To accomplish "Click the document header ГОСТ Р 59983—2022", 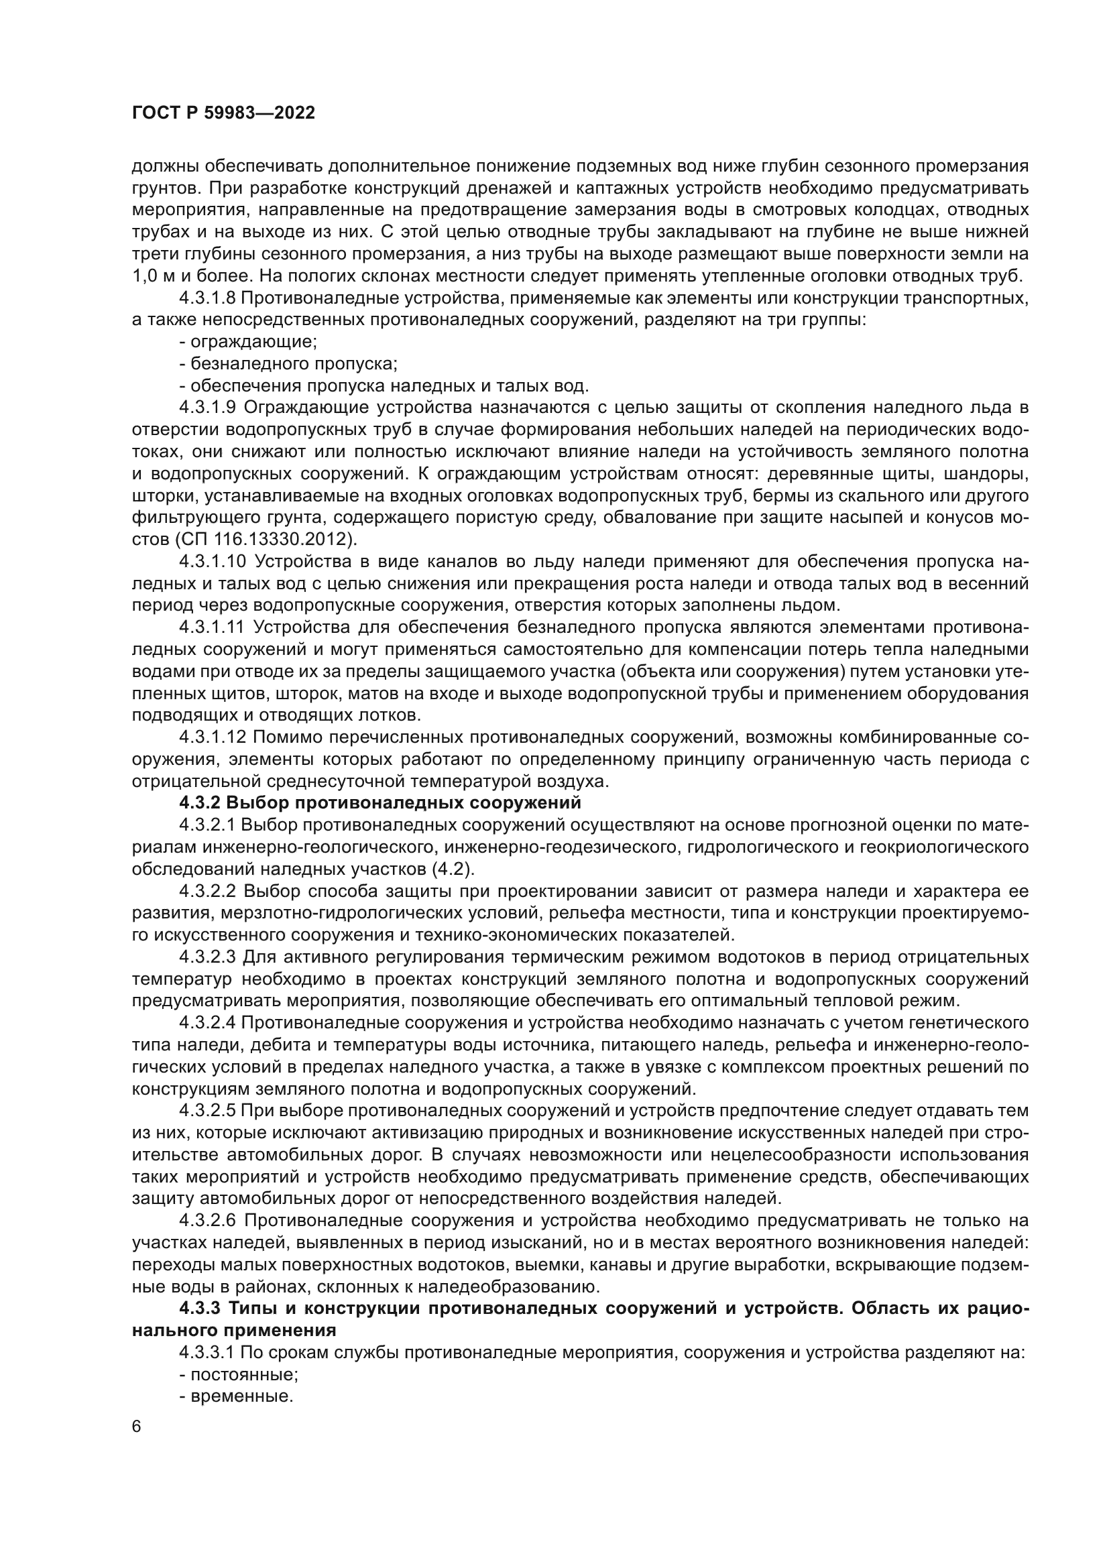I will pyautogui.click(x=223, y=113).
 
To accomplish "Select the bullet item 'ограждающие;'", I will pyautogui.click(x=248, y=341).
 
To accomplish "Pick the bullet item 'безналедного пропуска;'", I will pyautogui.click(x=288, y=363).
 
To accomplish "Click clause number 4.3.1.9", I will pyautogui.click(x=208, y=408).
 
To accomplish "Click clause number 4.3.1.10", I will pyautogui.click(x=213, y=561).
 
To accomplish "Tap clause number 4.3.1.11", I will pyautogui.click(x=213, y=627).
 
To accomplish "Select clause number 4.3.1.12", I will pyautogui.click(x=213, y=737).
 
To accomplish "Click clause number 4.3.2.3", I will pyautogui.click(x=208, y=957).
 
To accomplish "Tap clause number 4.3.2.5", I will pyautogui.click(x=208, y=1110).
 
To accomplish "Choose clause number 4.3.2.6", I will pyautogui.click(x=208, y=1219).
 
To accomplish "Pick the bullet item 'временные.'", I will pyautogui.click(x=236, y=1396).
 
